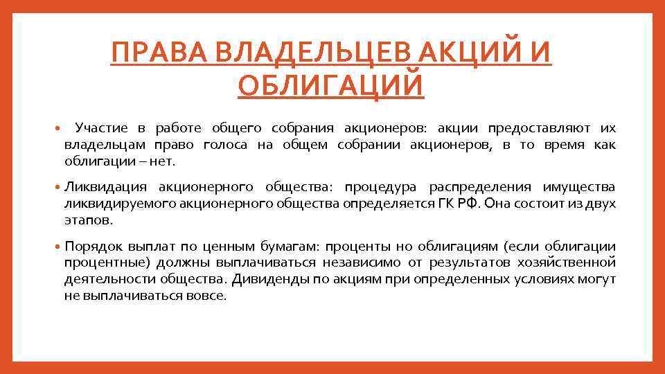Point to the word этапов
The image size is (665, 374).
[87, 220]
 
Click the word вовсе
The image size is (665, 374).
[206, 296]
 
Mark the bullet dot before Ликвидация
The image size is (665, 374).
[57, 188]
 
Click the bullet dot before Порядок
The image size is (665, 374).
[57, 247]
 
